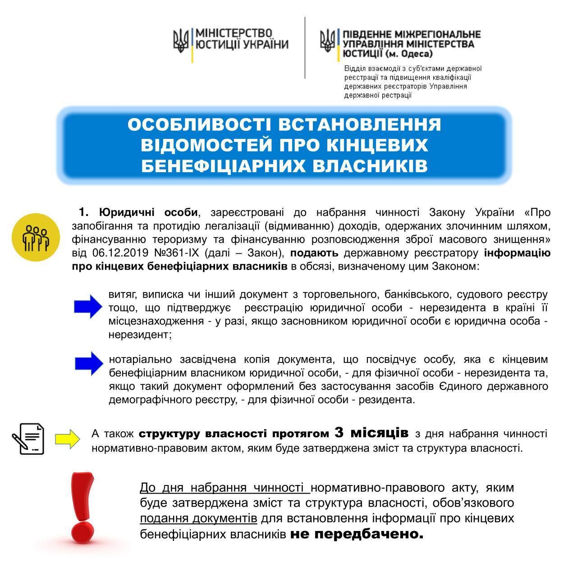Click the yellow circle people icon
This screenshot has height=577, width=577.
point(36,237)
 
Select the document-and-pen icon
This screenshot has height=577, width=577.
point(28,439)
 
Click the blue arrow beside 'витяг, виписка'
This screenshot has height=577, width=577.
point(88,307)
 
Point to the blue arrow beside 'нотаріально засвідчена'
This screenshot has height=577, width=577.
point(89,364)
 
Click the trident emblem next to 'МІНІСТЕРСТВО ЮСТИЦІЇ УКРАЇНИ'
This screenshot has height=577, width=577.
point(181,41)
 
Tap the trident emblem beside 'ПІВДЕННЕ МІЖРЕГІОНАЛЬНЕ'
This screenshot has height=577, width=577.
point(328,41)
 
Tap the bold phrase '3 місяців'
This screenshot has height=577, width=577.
point(371,432)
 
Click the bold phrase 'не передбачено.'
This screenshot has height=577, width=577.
point(357,534)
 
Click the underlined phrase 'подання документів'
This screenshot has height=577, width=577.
point(198,518)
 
